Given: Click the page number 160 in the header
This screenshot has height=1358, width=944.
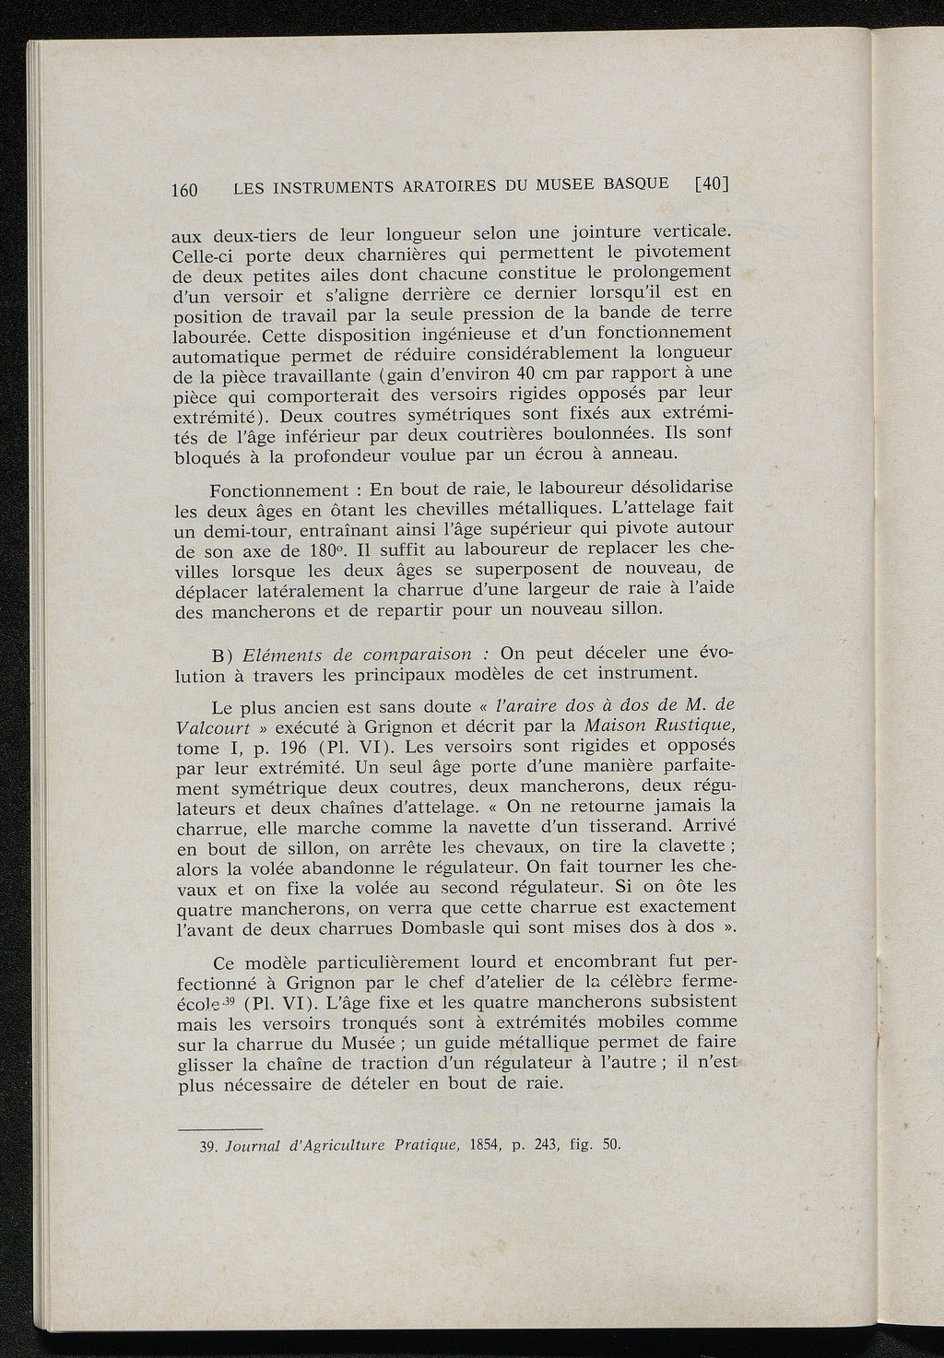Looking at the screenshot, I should tap(185, 191).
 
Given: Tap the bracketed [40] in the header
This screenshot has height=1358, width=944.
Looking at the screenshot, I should tap(712, 183).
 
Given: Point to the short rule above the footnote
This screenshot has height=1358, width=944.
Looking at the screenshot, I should tap(219, 1128).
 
